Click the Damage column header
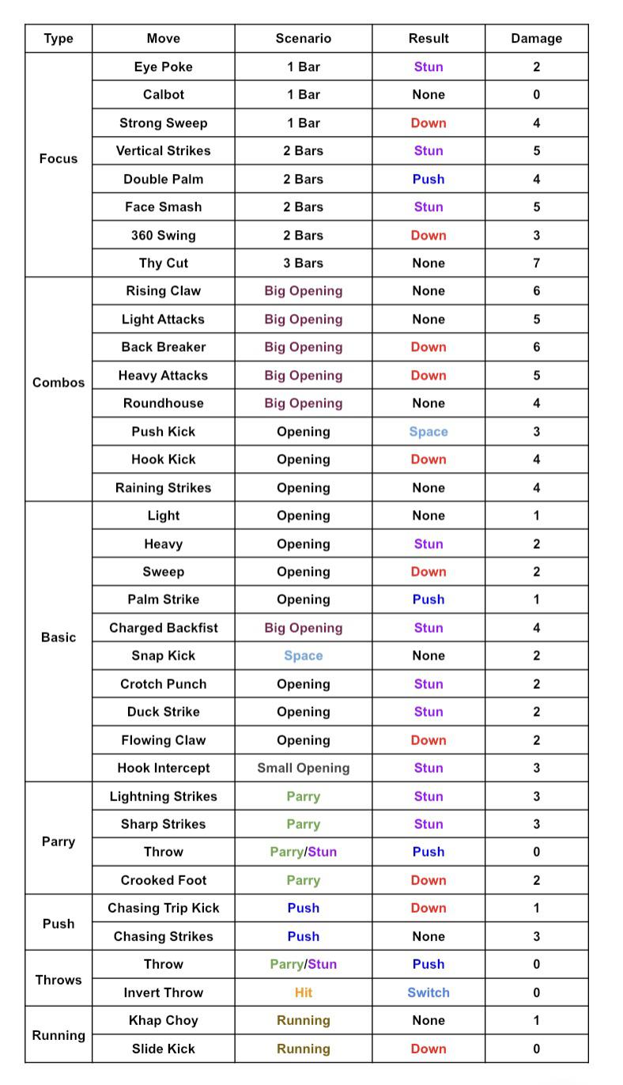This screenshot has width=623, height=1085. point(536,38)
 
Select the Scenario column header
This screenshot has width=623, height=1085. point(303,38)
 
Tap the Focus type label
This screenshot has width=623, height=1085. point(59,158)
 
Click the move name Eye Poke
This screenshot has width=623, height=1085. point(163,66)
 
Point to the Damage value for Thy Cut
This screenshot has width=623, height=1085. point(536,263)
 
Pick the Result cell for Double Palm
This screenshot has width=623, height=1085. point(428,179)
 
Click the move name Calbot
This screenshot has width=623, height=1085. point(163,94)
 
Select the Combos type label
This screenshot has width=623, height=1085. point(59,382)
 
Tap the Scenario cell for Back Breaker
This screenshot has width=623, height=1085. point(303,346)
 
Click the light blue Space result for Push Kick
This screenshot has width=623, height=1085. point(428,431)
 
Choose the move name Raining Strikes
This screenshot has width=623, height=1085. point(163,487)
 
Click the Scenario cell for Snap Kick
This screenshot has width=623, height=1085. point(303,656)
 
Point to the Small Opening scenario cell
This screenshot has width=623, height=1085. point(303,768)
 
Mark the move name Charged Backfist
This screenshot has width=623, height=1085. point(163,628)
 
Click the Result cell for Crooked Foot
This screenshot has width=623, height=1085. point(428,880)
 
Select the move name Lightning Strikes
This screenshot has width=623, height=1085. point(163,796)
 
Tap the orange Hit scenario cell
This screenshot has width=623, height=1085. point(303,992)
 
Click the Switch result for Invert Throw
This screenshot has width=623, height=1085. point(428,992)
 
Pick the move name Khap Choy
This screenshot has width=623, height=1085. point(163,1020)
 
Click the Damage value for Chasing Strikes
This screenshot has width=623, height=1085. point(536,936)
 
